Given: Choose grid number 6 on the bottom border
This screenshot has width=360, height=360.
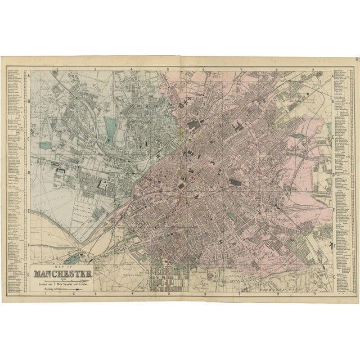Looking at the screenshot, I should click(204, 293).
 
